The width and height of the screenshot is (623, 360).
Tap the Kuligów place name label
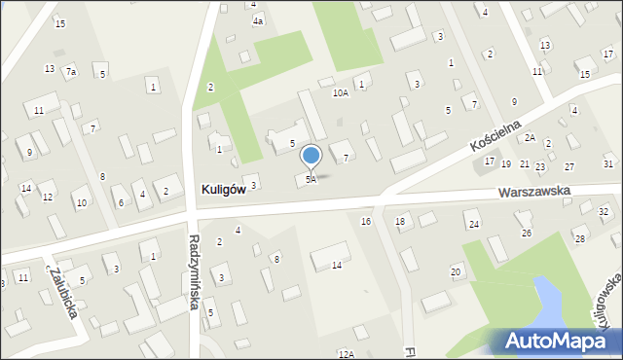click(x=222, y=190)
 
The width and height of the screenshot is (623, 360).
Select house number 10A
click(x=340, y=93)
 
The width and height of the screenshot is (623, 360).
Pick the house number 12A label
click(x=346, y=355)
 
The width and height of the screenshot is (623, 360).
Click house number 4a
click(x=258, y=20)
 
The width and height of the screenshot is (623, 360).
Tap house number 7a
click(x=71, y=72)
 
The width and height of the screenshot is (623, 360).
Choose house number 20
click(x=456, y=271)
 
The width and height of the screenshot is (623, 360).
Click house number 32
click(x=604, y=211)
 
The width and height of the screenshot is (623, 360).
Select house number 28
click(x=580, y=238)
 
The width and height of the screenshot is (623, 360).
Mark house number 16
click(x=366, y=222)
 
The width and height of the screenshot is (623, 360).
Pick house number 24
click(x=474, y=225)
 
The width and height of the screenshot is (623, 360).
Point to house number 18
click(x=400, y=222)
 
